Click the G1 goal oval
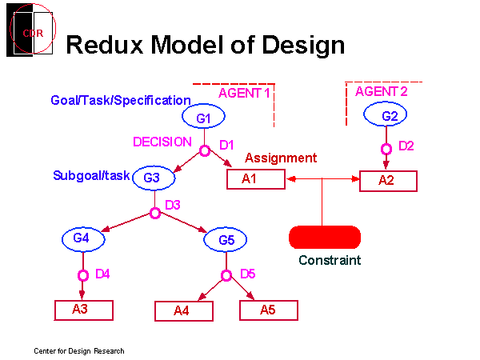pos(202,118)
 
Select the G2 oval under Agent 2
pos(390,116)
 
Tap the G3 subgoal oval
pos(153,178)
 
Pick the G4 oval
pos(82,238)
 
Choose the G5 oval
pos(226,239)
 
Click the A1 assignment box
pos(256,179)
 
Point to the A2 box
pos(387,181)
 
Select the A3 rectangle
pos(84,309)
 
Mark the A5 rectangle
pos(269,310)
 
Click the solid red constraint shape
pos(325,237)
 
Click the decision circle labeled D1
pos(204,150)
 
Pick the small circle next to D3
pos(155,214)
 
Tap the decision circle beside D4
pos(82,275)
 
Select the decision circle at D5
pos(226,276)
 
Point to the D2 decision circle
pos(386,149)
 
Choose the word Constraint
pos(330,260)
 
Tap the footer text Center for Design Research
pos(79,351)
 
